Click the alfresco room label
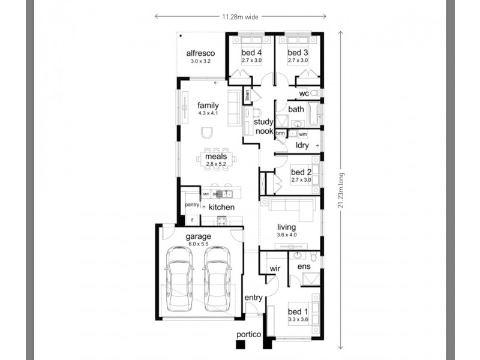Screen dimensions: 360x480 [200, 53]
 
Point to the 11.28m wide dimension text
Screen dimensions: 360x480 [240, 16]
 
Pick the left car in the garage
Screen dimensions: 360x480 [180, 281]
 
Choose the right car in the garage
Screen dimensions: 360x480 [217, 281]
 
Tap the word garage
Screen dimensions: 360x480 [197, 236]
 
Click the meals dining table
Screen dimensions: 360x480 [216, 160]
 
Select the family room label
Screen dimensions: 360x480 [208, 105]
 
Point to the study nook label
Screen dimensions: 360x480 [263, 127]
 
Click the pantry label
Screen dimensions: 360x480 [192, 205]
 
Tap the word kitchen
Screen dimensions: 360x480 [221, 207]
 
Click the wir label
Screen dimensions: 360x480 [275, 268]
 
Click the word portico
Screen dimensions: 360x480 [248, 334]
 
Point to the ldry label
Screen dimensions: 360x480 [302, 145]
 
